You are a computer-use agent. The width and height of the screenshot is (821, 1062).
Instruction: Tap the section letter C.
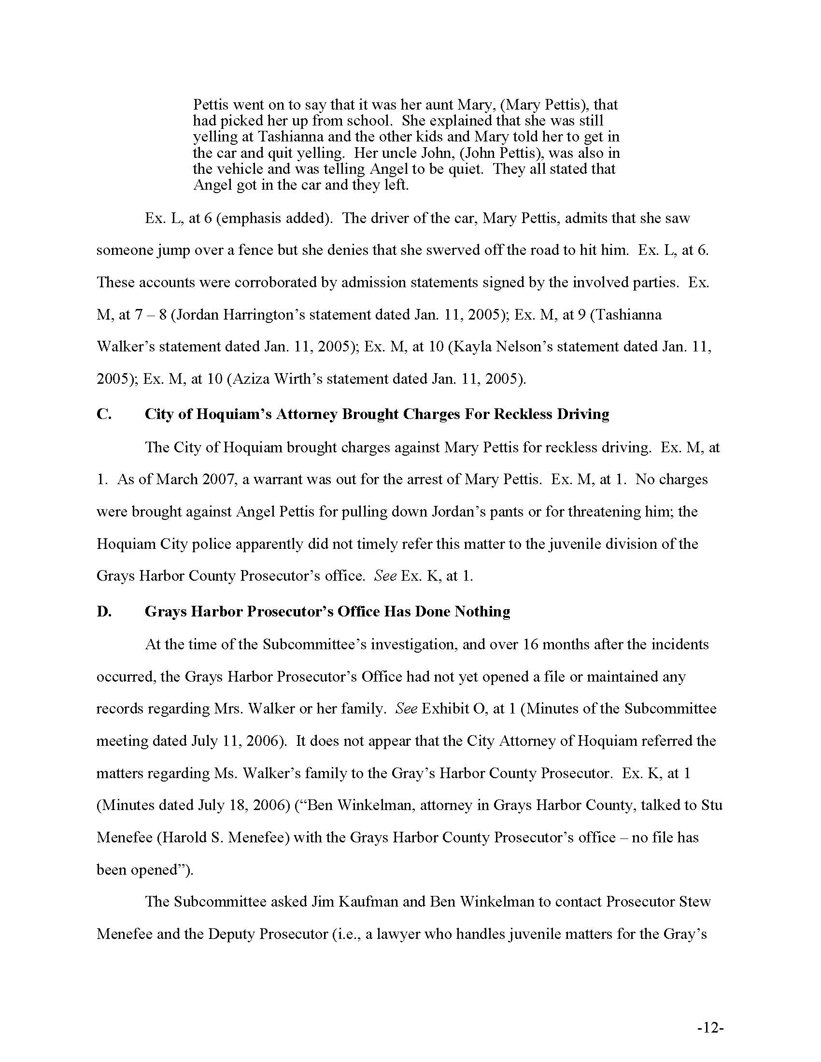[104, 414]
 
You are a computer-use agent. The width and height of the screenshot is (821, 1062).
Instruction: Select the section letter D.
[104, 611]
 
